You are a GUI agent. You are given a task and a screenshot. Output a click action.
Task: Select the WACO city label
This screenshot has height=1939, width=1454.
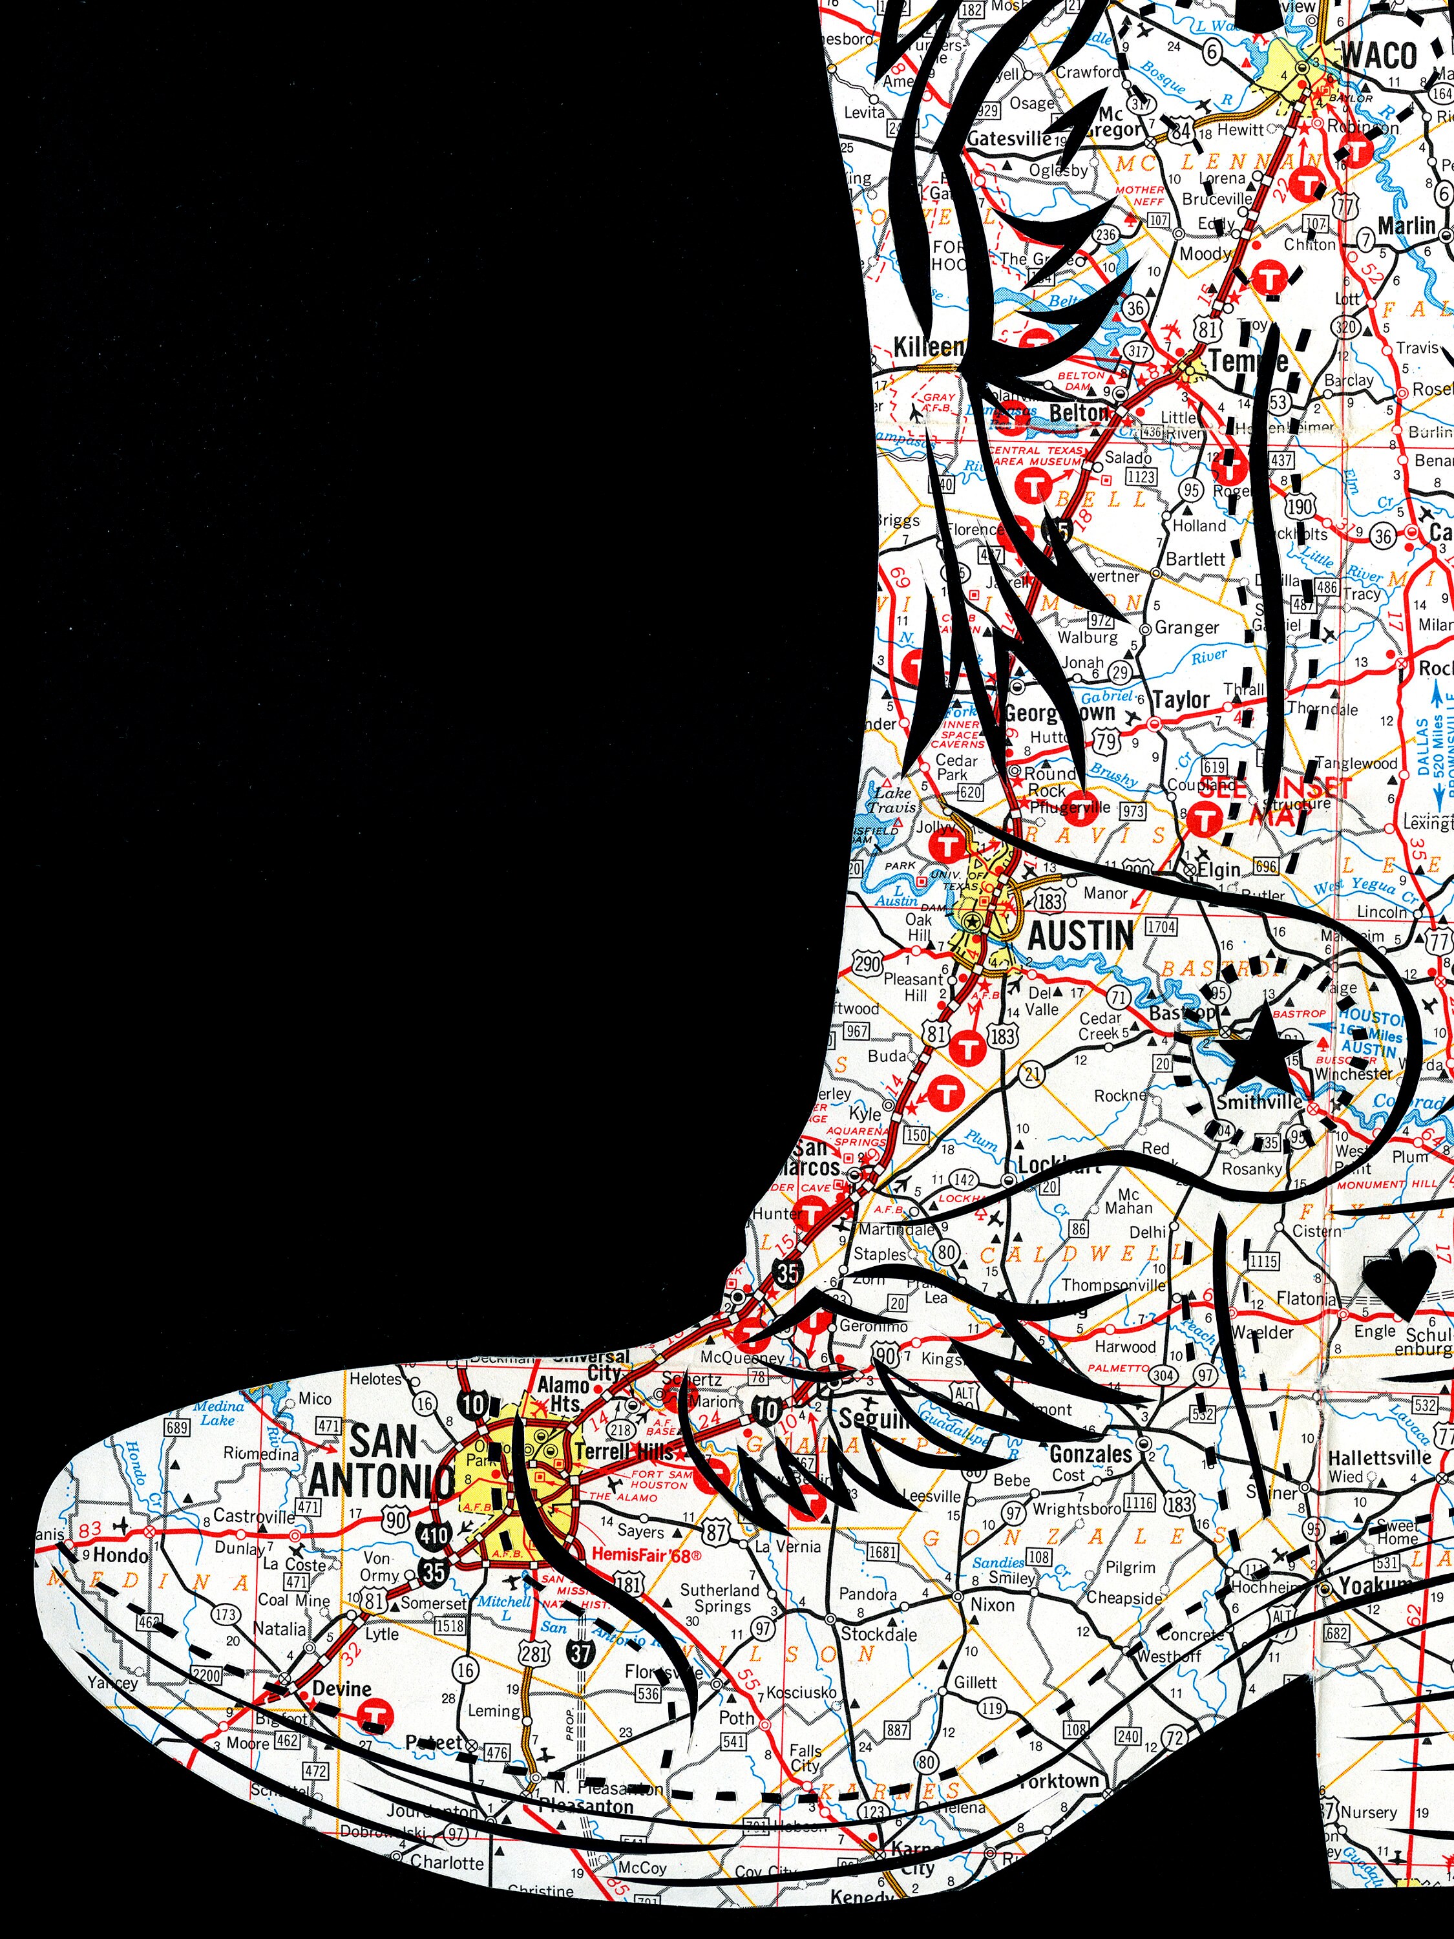coord(1378,54)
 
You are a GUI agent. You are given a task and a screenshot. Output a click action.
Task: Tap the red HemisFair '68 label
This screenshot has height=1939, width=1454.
coord(648,1556)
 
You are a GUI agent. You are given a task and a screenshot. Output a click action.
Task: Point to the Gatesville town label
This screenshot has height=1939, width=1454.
coord(1009,138)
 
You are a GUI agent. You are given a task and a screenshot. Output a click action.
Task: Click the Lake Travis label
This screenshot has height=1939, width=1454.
coord(891,800)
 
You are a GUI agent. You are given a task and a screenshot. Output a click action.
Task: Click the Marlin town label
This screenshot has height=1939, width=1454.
coord(1406,226)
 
